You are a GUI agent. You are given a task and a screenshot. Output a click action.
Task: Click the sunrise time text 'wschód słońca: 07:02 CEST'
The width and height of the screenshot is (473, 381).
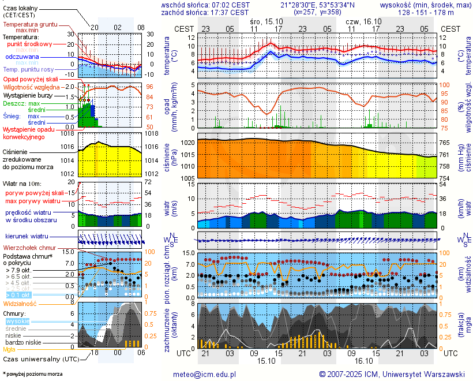tap(205, 5)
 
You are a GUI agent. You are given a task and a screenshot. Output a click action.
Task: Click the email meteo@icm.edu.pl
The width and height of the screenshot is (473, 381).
tap(205, 374)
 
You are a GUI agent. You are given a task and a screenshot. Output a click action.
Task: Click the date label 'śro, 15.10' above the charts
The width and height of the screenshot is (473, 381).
tap(266, 20)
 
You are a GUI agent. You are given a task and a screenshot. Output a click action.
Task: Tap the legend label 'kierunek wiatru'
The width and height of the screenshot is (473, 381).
tap(27, 237)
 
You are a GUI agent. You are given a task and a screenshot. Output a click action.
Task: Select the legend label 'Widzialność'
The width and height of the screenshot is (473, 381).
tap(20, 303)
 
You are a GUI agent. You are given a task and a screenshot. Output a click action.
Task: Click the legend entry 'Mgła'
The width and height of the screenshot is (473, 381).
tap(9, 349)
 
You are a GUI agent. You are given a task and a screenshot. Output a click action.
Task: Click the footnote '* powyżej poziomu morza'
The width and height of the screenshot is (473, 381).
tap(33, 374)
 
